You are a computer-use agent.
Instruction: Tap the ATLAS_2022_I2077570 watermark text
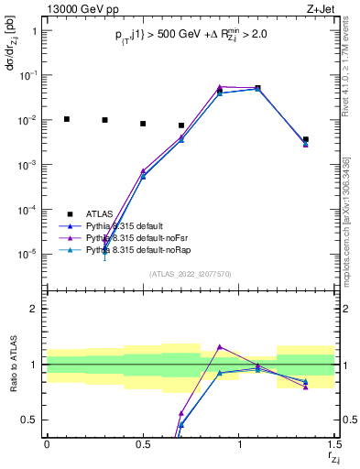(x=191, y=273)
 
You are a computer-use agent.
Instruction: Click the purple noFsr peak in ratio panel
(x=220, y=347)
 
